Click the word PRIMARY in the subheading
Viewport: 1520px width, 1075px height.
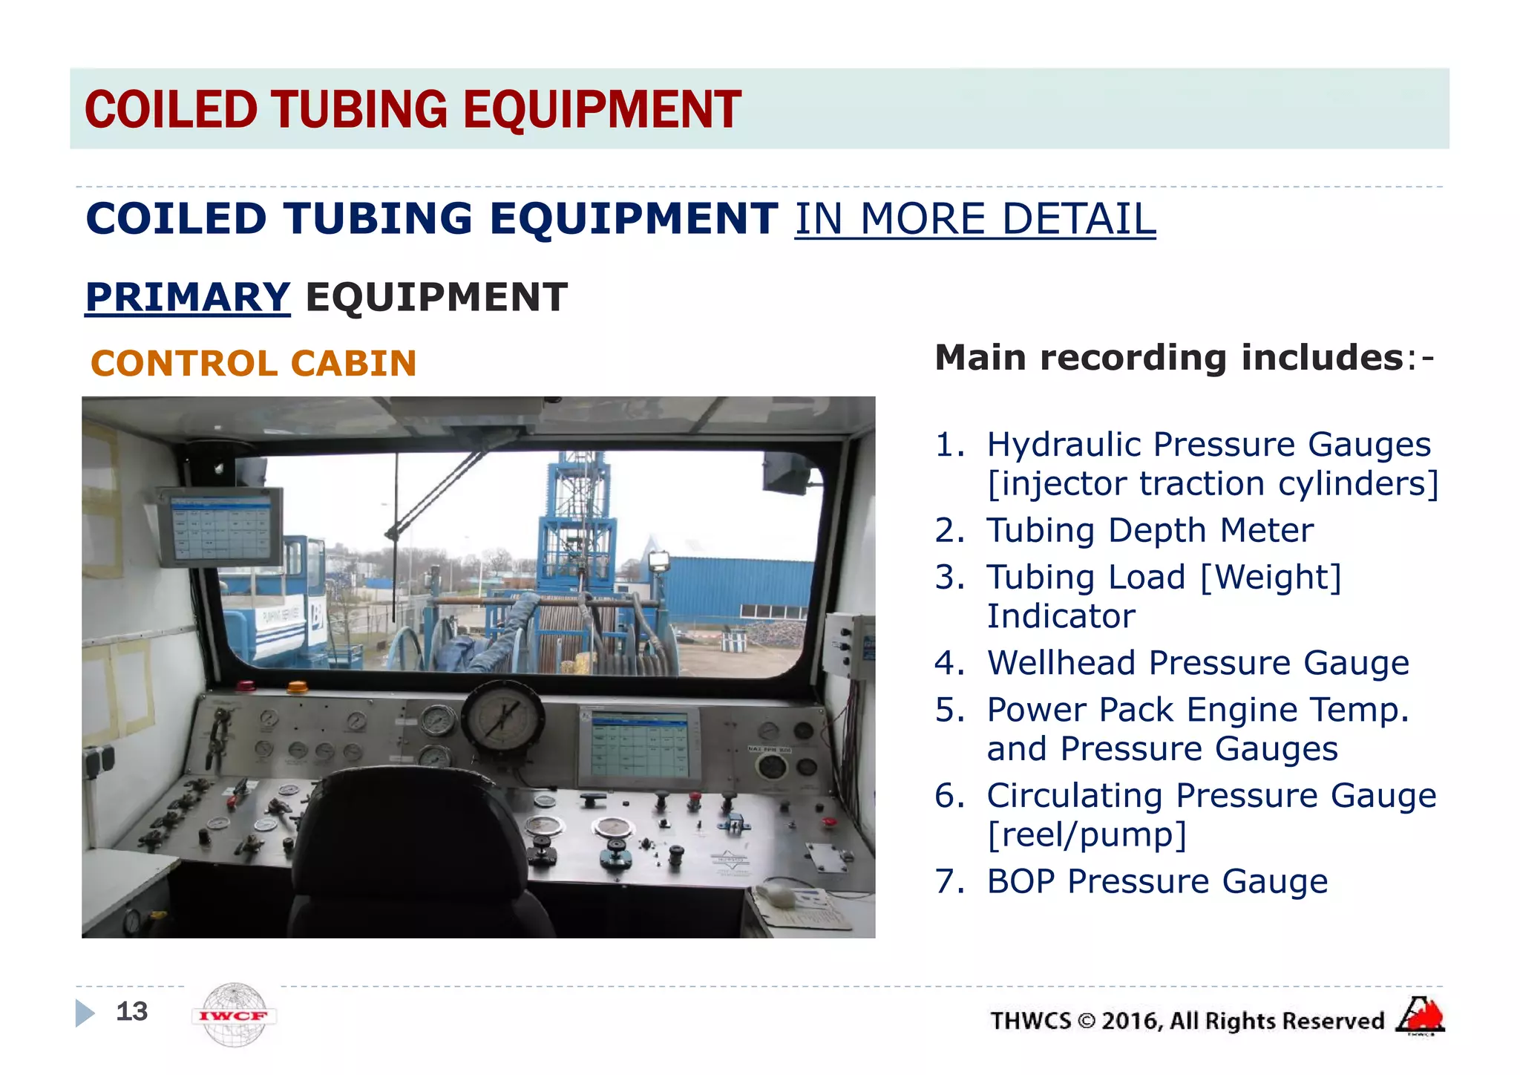click(x=187, y=297)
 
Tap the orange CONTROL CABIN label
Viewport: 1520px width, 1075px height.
click(x=253, y=364)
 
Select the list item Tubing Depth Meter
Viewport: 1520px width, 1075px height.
click(x=1149, y=531)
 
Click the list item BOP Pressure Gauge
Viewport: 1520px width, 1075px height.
click(x=1156, y=882)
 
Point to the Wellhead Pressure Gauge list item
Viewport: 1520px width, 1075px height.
click(x=1197, y=663)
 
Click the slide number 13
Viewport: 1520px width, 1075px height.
click(x=132, y=1011)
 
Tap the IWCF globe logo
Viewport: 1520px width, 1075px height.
click(x=234, y=1015)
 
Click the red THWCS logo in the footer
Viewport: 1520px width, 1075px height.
click(x=1420, y=1016)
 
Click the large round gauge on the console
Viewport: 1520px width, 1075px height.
click(x=503, y=718)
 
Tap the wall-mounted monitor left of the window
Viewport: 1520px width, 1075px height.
click(x=220, y=527)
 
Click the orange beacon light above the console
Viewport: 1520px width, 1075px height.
click(x=297, y=686)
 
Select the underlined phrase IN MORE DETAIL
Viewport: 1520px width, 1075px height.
click(x=974, y=220)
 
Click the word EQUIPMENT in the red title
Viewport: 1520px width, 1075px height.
click(x=602, y=110)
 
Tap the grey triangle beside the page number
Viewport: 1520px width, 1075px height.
click(x=85, y=1013)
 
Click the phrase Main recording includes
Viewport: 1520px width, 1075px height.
click(x=1169, y=358)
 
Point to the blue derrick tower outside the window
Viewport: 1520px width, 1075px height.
click(x=575, y=520)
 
